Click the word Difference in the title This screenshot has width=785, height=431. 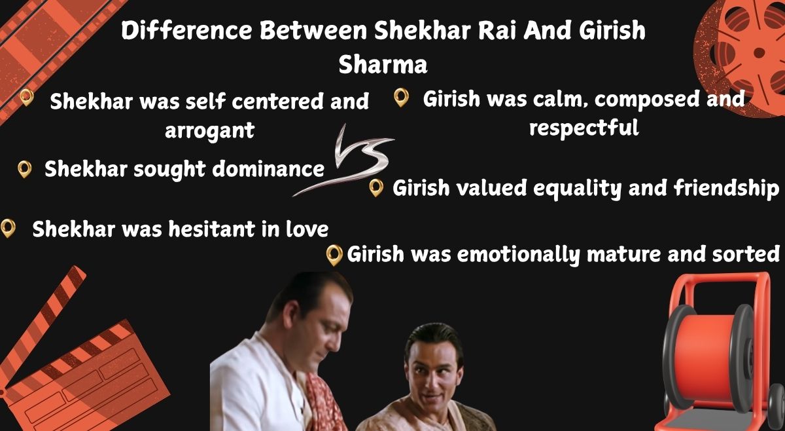186,31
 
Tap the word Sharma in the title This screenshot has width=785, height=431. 383,65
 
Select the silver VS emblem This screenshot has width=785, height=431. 343,160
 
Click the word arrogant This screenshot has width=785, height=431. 209,131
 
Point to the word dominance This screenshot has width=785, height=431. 268,169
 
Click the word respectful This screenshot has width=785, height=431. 584,128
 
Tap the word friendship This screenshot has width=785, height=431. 726,189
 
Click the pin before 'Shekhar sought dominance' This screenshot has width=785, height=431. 25,170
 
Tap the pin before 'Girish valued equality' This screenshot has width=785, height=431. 376,188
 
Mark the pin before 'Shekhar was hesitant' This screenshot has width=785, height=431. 8,229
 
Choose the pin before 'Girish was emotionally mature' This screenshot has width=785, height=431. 334,255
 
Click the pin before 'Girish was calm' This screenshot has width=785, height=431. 401,97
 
